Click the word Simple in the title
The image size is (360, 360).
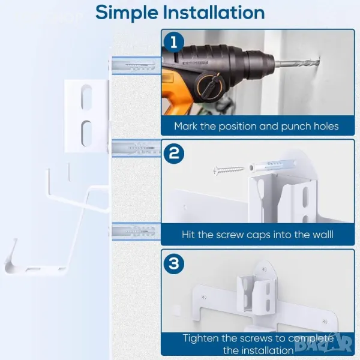point(127,13)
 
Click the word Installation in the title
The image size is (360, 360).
point(214,12)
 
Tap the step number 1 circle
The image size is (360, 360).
point(174,42)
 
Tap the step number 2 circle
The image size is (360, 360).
point(174,154)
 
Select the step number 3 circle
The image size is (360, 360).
point(174,263)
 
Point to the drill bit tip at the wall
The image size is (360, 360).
point(319,61)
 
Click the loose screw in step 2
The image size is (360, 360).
point(229,170)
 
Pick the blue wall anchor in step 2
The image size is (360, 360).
point(272,166)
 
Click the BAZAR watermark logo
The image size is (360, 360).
point(324,343)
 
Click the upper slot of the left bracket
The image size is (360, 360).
point(86,97)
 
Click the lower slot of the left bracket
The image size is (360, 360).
point(86,133)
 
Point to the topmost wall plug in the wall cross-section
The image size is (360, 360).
point(136,65)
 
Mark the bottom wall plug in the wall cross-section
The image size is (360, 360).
point(136,232)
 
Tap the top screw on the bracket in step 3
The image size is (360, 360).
point(264,269)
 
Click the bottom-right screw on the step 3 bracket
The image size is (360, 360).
point(325,322)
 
